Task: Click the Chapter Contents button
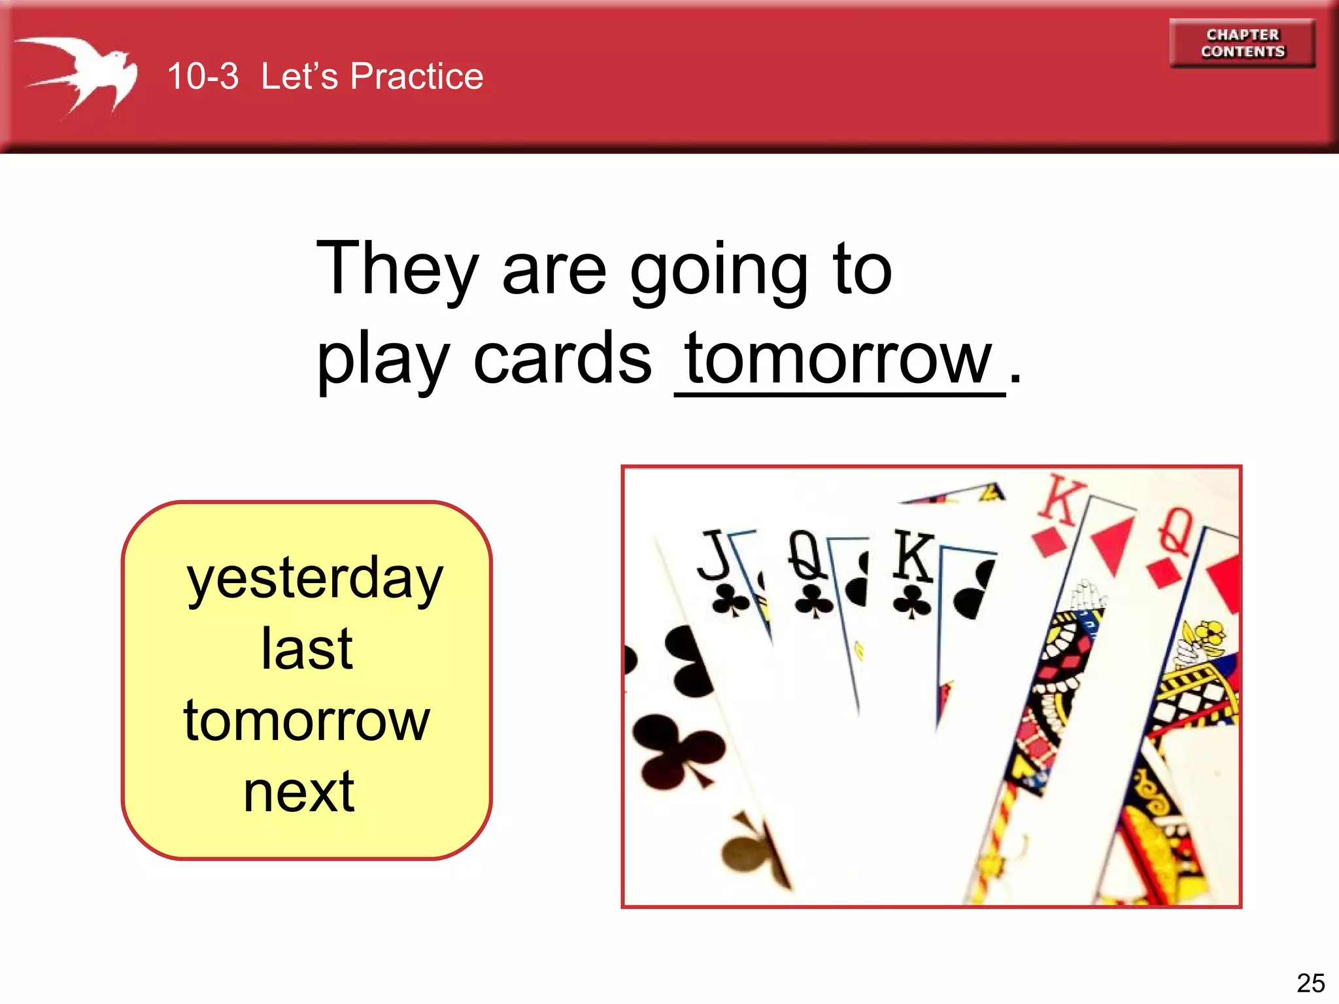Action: pos(1242,43)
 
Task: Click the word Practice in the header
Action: pos(416,76)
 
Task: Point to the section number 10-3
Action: pos(203,76)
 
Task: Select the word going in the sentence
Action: pos(719,271)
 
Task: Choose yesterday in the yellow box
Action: pos(314,578)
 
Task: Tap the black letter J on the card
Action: pos(714,555)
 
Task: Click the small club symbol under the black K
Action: pos(911,603)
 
